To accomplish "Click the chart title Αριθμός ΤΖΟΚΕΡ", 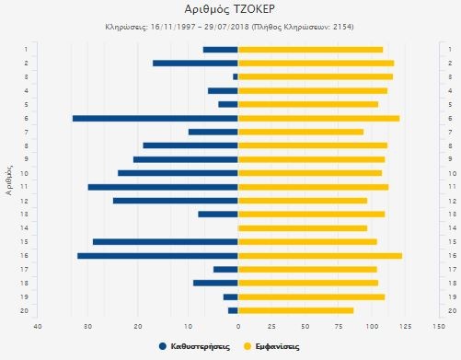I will pyautogui.click(x=229, y=10).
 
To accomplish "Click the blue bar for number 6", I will pyautogui.click(x=155, y=118).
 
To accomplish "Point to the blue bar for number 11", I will pyautogui.click(x=163, y=187).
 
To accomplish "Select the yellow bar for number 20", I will pyautogui.click(x=295, y=310).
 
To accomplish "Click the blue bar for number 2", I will pyautogui.click(x=195, y=63).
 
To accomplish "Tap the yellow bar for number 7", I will pyautogui.click(x=300, y=132).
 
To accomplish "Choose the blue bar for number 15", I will pyautogui.click(x=165, y=241).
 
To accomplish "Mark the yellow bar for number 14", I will pyautogui.click(x=303, y=227).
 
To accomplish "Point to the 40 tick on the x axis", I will pyautogui.click(x=38, y=326).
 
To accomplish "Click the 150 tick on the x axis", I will pyautogui.click(x=437, y=326).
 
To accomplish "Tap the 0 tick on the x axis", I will pyautogui.click(x=238, y=326).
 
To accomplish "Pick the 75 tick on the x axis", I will pyautogui.click(x=338, y=326).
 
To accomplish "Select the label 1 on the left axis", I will pyautogui.click(x=26, y=49).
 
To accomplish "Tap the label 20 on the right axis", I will pyautogui.click(x=450, y=310).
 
